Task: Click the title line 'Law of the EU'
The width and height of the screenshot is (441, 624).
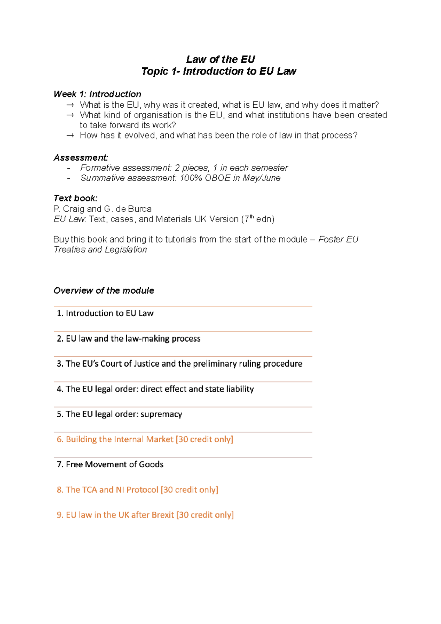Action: pyautogui.click(x=220, y=59)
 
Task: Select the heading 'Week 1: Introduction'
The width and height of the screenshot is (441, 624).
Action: pyautogui.click(x=97, y=94)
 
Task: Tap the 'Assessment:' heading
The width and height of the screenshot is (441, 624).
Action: pyautogui.click(x=81, y=158)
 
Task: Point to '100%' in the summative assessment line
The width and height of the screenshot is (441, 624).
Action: pyautogui.click(x=191, y=178)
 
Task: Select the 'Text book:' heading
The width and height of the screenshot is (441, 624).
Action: pyautogui.click(x=75, y=198)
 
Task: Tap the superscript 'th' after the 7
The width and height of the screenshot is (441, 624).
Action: pyautogui.click(x=252, y=217)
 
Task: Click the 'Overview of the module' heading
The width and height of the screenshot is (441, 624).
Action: pyautogui.click(x=104, y=291)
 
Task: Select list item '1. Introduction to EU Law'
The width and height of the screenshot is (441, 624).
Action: pyautogui.click(x=105, y=313)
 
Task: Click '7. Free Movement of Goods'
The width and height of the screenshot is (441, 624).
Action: pyautogui.click(x=110, y=465)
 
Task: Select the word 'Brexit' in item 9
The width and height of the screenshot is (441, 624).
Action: pyautogui.click(x=162, y=515)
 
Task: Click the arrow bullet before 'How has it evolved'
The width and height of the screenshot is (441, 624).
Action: pyautogui.click(x=70, y=136)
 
